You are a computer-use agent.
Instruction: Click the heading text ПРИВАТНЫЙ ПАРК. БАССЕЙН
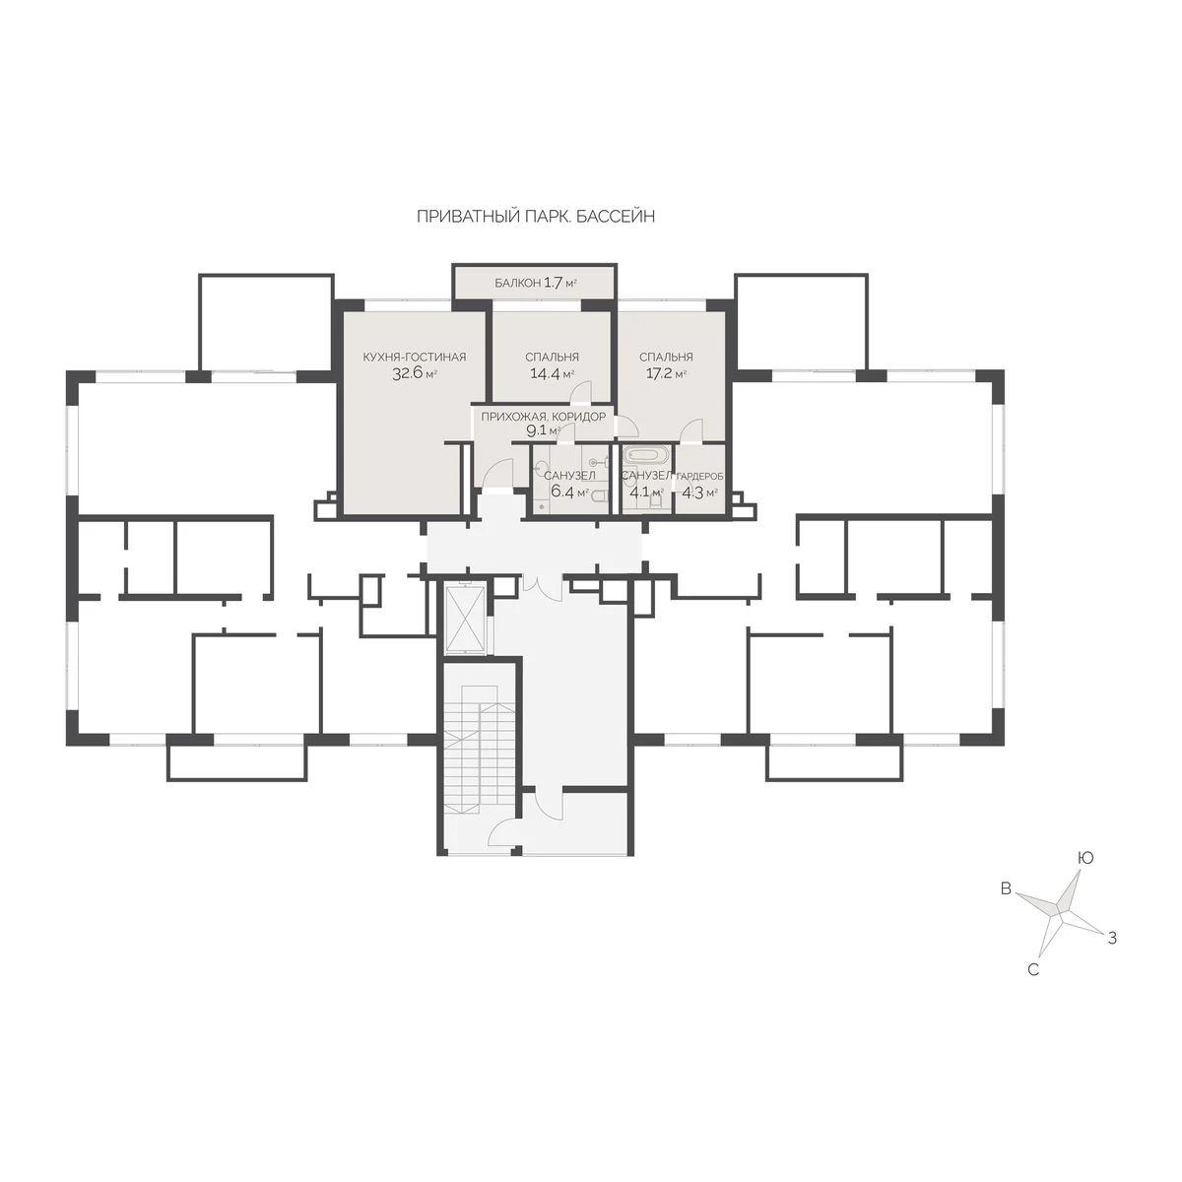(x=536, y=217)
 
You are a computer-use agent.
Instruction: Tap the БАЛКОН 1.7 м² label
(x=536, y=283)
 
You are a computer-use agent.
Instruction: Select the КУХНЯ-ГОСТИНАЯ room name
(x=415, y=357)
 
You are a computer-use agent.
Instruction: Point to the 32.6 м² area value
(x=415, y=373)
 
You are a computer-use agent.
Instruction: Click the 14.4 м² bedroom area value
(x=552, y=373)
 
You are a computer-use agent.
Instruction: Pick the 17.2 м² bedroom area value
(x=666, y=373)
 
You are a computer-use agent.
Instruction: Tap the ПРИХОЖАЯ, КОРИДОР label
(x=543, y=417)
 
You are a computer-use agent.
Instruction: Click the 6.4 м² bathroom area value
(x=570, y=492)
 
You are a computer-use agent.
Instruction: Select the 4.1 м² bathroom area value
(x=646, y=492)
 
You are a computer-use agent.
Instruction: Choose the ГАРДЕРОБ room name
(x=700, y=476)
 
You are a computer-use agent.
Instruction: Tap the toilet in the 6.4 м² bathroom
(x=600, y=498)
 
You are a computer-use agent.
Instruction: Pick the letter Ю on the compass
(x=1085, y=858)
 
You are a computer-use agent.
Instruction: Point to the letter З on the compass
(x=1111, y=955)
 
